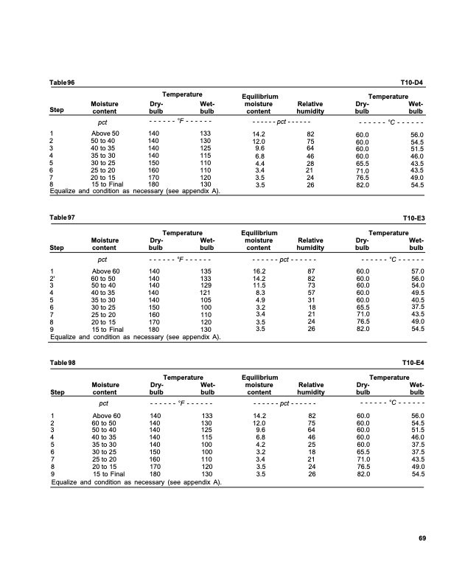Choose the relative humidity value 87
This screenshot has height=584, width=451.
point(310,272)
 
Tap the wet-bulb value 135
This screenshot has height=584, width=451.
point(206,272)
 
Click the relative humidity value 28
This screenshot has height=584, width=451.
point(310,162)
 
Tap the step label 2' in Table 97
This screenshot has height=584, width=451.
point(52,279)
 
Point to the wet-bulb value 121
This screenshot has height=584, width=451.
point(206,293)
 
